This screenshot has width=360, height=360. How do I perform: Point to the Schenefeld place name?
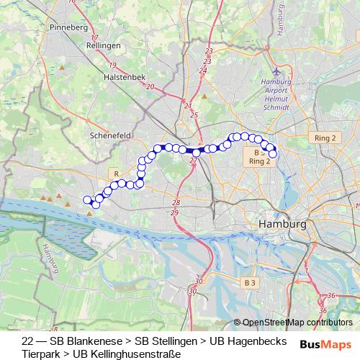[108, 134]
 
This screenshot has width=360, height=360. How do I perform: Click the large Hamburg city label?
[282, 225]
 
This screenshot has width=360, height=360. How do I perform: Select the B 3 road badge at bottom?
[249, 284]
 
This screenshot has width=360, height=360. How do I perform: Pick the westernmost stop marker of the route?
[87, 199]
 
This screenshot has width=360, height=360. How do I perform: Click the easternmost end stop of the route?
[273, 153]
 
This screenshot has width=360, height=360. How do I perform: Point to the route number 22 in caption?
[27, 341]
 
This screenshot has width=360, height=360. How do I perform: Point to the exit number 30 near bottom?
[199, 281]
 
